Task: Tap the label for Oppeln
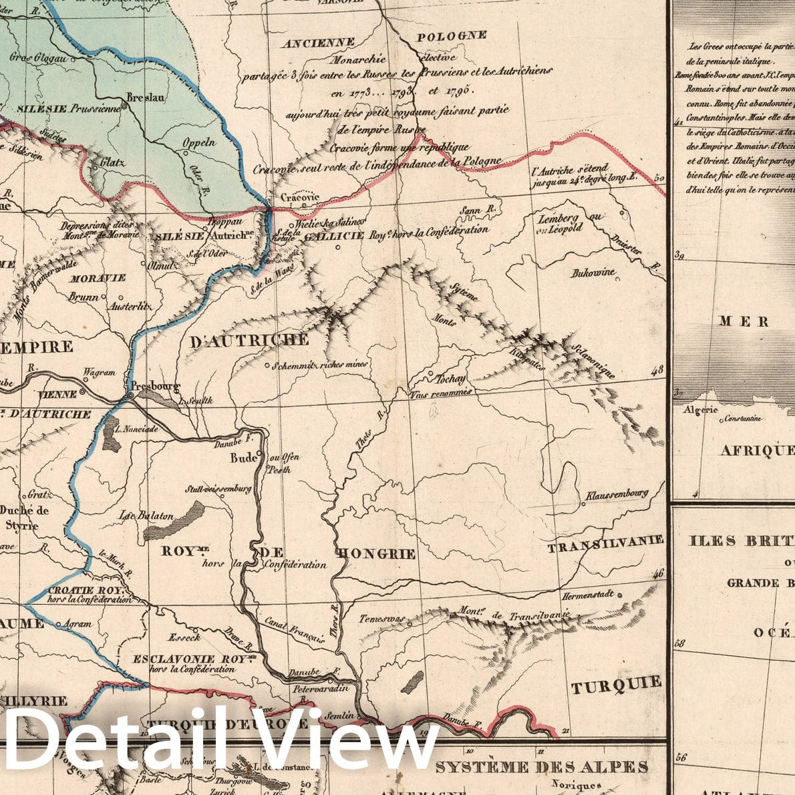click(x=200, y=142)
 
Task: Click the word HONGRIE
click(x=377, y=554)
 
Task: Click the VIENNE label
click(x=58, y=394)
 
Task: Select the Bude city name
click(x=244, y=458)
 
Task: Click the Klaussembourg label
click(x=617, y=495)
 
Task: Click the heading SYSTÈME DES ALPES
click(x=541, y=766)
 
